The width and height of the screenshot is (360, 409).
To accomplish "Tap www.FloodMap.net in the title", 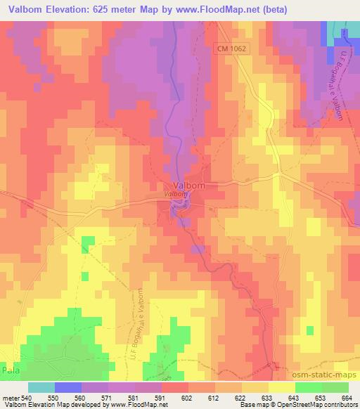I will (224, 11).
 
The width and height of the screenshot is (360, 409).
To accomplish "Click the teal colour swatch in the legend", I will (41, 387).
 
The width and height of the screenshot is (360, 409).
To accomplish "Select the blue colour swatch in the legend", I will (68, 387).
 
